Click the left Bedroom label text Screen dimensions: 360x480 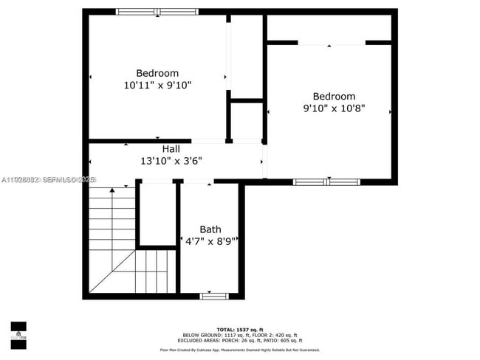coord(157,73)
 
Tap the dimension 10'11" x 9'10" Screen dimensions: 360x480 coord(157,86)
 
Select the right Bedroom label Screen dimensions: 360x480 coord(334,97)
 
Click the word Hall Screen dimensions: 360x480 coord(171,148)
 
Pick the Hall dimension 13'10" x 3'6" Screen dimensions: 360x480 coord(171,161)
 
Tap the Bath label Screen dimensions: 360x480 coord(210,229)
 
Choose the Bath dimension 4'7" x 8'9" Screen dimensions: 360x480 coord(210,241)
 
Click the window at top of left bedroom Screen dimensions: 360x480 coord(157,12)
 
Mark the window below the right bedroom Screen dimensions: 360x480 coord(326,181)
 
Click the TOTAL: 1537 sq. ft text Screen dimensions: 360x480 coord(240,328)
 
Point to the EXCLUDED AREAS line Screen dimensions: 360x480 coord(240,341)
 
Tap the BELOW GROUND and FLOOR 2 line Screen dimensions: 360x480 coord(240,335)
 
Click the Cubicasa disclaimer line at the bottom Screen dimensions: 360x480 coord(240,350)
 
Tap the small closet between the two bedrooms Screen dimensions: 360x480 coord(247,120)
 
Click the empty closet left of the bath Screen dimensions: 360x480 coord(157,214)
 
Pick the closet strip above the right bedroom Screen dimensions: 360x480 coord(329,28)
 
